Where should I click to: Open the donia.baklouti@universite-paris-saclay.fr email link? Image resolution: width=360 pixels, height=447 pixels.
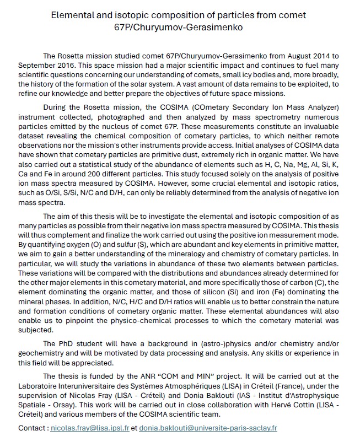point(208,427)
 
